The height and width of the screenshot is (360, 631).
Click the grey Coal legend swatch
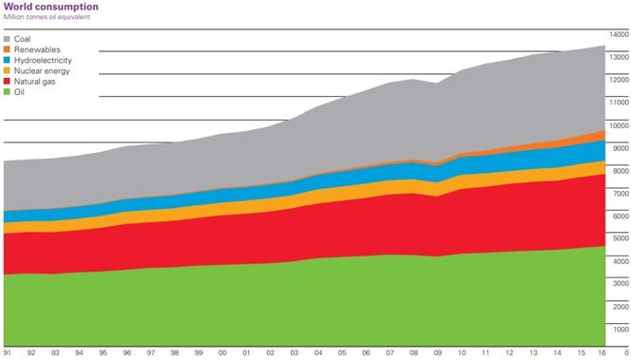pos(8,39)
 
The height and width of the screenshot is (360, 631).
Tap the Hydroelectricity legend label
pos(44,60)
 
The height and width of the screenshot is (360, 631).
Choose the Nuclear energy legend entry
pos(41,70)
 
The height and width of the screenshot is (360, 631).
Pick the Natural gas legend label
pos(37,81)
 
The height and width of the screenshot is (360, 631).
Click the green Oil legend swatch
pos(8,91)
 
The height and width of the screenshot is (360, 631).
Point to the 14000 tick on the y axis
pos(619,34)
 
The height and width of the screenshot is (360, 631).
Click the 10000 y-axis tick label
pos(619,125)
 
